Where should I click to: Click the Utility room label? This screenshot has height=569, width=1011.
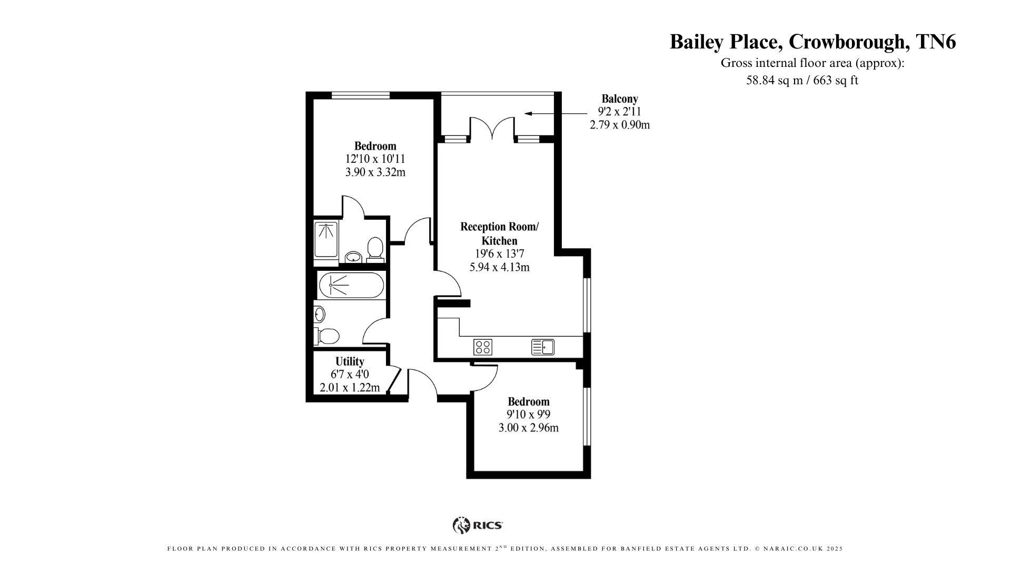[350, 361]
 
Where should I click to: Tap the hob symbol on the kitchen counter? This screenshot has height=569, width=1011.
[483, 347]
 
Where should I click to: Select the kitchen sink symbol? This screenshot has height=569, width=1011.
[542, 347]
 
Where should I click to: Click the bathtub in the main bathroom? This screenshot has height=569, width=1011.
[351, 285]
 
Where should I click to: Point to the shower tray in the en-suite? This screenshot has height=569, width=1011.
[326, 240]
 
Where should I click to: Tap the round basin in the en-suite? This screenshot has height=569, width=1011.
[353, 257]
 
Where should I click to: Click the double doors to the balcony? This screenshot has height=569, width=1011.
[492, 128]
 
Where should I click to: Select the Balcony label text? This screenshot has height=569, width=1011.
[620, 99]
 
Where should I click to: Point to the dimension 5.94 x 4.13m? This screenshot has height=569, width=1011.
[499, 267]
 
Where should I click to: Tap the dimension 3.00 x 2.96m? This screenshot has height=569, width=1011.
[528, 428]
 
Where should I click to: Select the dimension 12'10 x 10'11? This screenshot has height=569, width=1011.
[375, 159]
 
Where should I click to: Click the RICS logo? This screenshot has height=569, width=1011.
[478, 525]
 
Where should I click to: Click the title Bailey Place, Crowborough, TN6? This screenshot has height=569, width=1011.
[812, 42]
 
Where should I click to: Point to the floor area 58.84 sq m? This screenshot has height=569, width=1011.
[777, 81]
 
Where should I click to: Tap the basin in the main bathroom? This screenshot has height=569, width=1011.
[319, 315]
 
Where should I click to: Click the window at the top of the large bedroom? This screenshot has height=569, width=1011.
[361, 95]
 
